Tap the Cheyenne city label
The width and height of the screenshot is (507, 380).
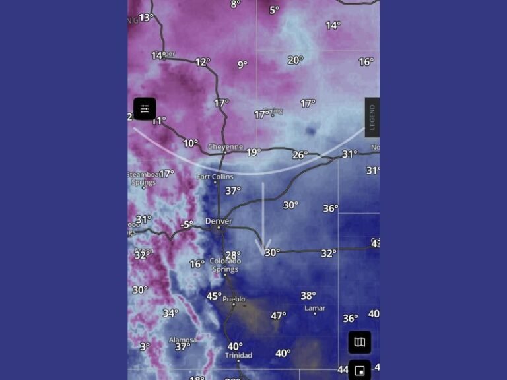225,146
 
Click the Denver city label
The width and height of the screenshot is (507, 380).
219,221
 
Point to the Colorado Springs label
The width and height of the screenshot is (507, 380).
225,265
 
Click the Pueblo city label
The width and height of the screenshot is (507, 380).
234,299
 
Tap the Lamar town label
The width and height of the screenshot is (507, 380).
315,308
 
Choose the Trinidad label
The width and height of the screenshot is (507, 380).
238,356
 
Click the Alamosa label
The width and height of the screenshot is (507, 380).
182,340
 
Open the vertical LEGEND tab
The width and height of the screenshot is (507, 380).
372,117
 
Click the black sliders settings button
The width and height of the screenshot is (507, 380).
145,109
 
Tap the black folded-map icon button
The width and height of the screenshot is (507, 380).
359,342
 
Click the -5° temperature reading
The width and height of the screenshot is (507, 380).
187,224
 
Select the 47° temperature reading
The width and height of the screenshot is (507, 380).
278,316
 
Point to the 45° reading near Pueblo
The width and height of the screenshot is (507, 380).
214,296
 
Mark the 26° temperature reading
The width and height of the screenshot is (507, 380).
300,155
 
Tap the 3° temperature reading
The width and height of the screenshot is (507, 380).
145,346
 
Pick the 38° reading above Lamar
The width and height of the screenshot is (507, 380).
308,296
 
